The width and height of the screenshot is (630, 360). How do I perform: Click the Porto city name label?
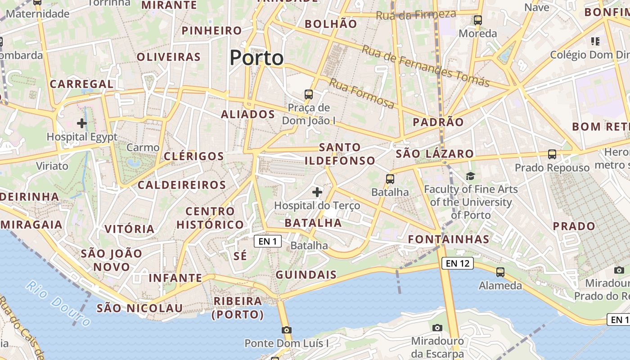pyautogui.click(x=256, y=58)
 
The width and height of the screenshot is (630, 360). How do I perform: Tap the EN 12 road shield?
pyautogui.click(x=458, y=263)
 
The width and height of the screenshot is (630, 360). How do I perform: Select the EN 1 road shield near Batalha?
pyautogui.click(x=268, y=242)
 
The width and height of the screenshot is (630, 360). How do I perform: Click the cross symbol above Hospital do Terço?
pyautogui.click(x=317, y=193)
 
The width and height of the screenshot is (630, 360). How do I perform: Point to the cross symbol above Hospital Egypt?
pyautogui.click(x=82, y=123)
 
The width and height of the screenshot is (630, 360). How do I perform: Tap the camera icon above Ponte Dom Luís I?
pyautogui.click(x=286, y=330)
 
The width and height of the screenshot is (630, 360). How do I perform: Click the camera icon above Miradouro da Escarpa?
pyautogui.click(x=437, y=328)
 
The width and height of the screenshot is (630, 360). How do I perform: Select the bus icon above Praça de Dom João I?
pyautogui.click(x=309, y=94)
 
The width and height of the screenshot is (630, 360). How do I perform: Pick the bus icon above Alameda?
pyautogui.click(x=500, y=272)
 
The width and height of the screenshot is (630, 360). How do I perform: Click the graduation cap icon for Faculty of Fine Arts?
pyautogui.click(x=470, y=176)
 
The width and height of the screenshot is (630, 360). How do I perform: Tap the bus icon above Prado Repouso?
pyautogui.click(x=552, y=154)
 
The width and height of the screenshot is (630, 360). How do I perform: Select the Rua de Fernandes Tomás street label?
pyautogui.click(x=425, y=66)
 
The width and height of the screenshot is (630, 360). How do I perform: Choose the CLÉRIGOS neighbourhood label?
pyautogui.click(x=194, y=156)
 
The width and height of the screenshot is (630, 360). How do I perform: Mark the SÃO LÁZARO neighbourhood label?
pyautogui.click(x=435, y=154)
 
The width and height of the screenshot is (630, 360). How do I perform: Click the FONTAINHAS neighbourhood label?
pyautogui.click(x=449, y=239)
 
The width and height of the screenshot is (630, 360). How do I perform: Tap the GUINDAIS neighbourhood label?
pyautogui.click(x=306, y=274)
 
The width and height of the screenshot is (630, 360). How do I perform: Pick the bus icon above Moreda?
pyautogui.click(x=478, y=20)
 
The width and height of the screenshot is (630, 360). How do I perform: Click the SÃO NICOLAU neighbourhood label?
pyautogui.click(x=140, y=308)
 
